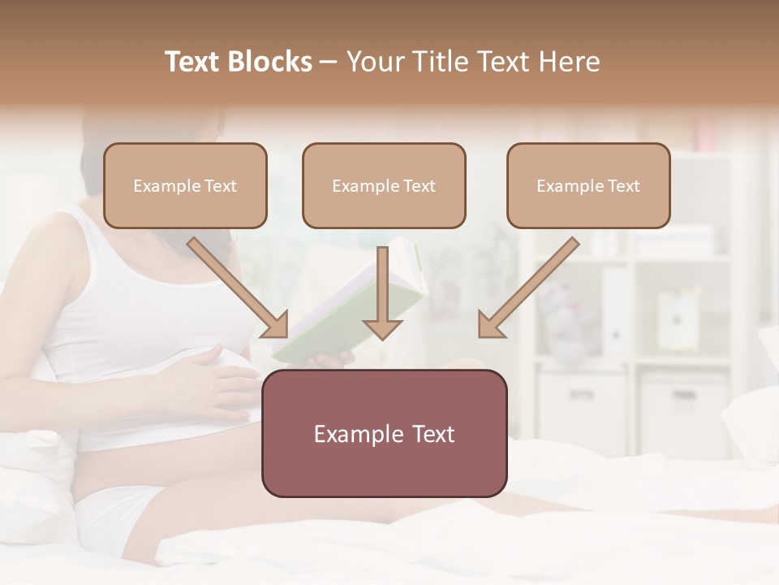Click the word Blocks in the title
click(272, 62)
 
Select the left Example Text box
click(185, 185)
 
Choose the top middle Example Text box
click(384, 185)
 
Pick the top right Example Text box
click(588, 185)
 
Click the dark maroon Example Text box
click(384, 433)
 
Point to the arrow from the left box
click(239, 288)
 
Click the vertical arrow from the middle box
click(382, 292)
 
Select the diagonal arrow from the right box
click(527, 288)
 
